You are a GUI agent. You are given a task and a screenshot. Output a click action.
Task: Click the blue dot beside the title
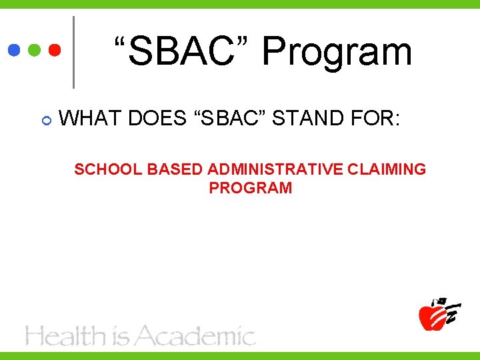pyautogui.click(x=14, y=51)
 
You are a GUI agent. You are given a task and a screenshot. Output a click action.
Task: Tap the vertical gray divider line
pyautogui.click(x=73, y=52)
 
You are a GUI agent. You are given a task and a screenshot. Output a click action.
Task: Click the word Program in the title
pyautogui.click(x=337, y=52)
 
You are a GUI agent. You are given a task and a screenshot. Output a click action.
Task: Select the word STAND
pyautogui.click(x=307, y=119)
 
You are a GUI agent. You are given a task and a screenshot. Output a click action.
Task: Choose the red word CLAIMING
pyautogui.click(x=387, y=169)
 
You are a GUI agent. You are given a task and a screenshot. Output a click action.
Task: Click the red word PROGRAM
pyautogui.click(x=250, y=188)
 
